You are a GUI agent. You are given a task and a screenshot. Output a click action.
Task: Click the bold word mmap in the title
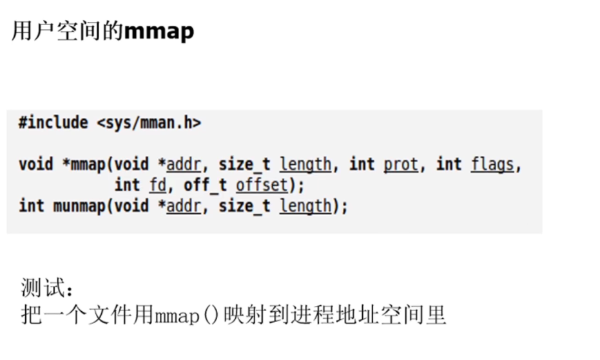[159, 31]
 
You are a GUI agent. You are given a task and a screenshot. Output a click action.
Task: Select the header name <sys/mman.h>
[149, 122]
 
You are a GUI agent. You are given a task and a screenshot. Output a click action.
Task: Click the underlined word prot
[401, 164]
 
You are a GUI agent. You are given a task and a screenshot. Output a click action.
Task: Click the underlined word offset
[261, 185]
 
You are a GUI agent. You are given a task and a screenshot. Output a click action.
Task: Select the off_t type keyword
[206, 185]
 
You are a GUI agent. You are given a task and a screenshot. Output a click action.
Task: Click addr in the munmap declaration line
[184, 206]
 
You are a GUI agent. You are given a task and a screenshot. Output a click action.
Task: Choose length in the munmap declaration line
[305, 206]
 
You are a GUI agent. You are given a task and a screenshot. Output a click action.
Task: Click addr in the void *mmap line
[184, 164]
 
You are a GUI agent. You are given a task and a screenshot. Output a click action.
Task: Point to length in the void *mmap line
[305, 164]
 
